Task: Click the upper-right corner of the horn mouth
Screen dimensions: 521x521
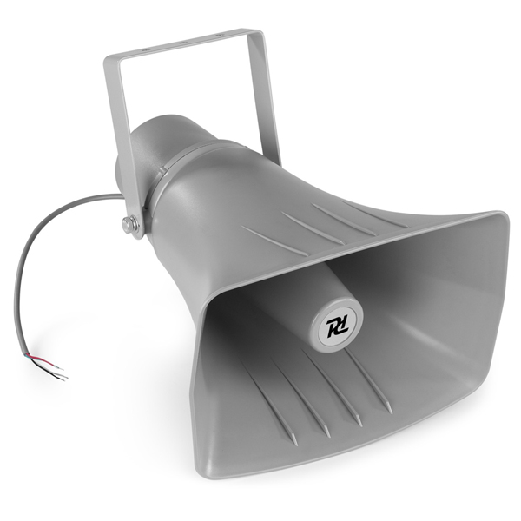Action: click(502, 217)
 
